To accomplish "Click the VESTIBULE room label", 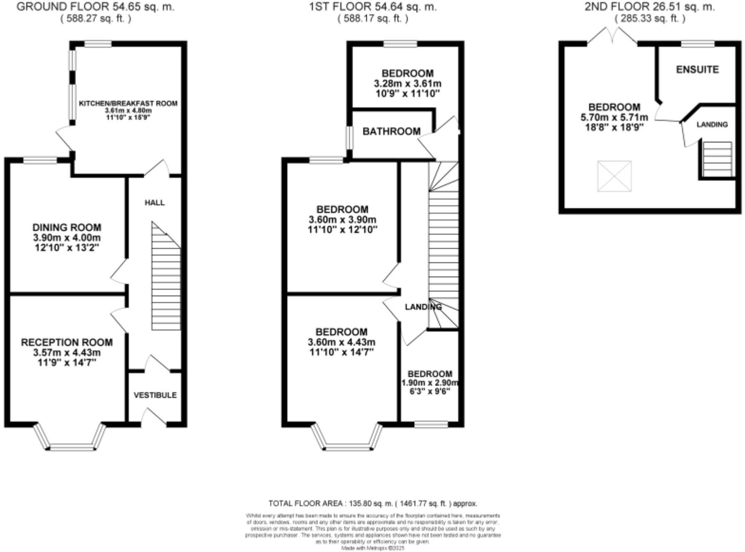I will pyautogui.click(x=155, y=395).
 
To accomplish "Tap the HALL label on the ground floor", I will pyautogui.click(x=155, y=202).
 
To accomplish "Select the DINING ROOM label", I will pyautogui.click(x=67, y=227).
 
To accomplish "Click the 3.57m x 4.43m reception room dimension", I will pyautogui.click(x=67, y=352).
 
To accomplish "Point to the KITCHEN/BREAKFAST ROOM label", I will pyautogui.click(x=128, y=103).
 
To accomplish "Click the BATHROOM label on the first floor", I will pyautogui.click(x=391, y=131).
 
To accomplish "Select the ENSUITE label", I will pyautogui.click(x=697, y=69).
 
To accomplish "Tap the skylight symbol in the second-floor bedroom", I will pyautogui.click(x=614, y=176).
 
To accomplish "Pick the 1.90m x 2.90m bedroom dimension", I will pyautogui.click(x=430, y=383).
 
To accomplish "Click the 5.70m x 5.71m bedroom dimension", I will pyautogui.click(x=614, y=117).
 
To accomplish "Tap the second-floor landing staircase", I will pyautogui.click(x=717, y=159).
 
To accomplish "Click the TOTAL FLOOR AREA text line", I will pyautogui.click(x=372, y=503).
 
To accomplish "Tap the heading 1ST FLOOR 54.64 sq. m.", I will pyautogui.click(x=373, y=7).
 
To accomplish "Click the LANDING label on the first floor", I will pyautogui.click(x=423, y=307).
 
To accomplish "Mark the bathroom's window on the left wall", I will pyautogui.click(x=349, y=138).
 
